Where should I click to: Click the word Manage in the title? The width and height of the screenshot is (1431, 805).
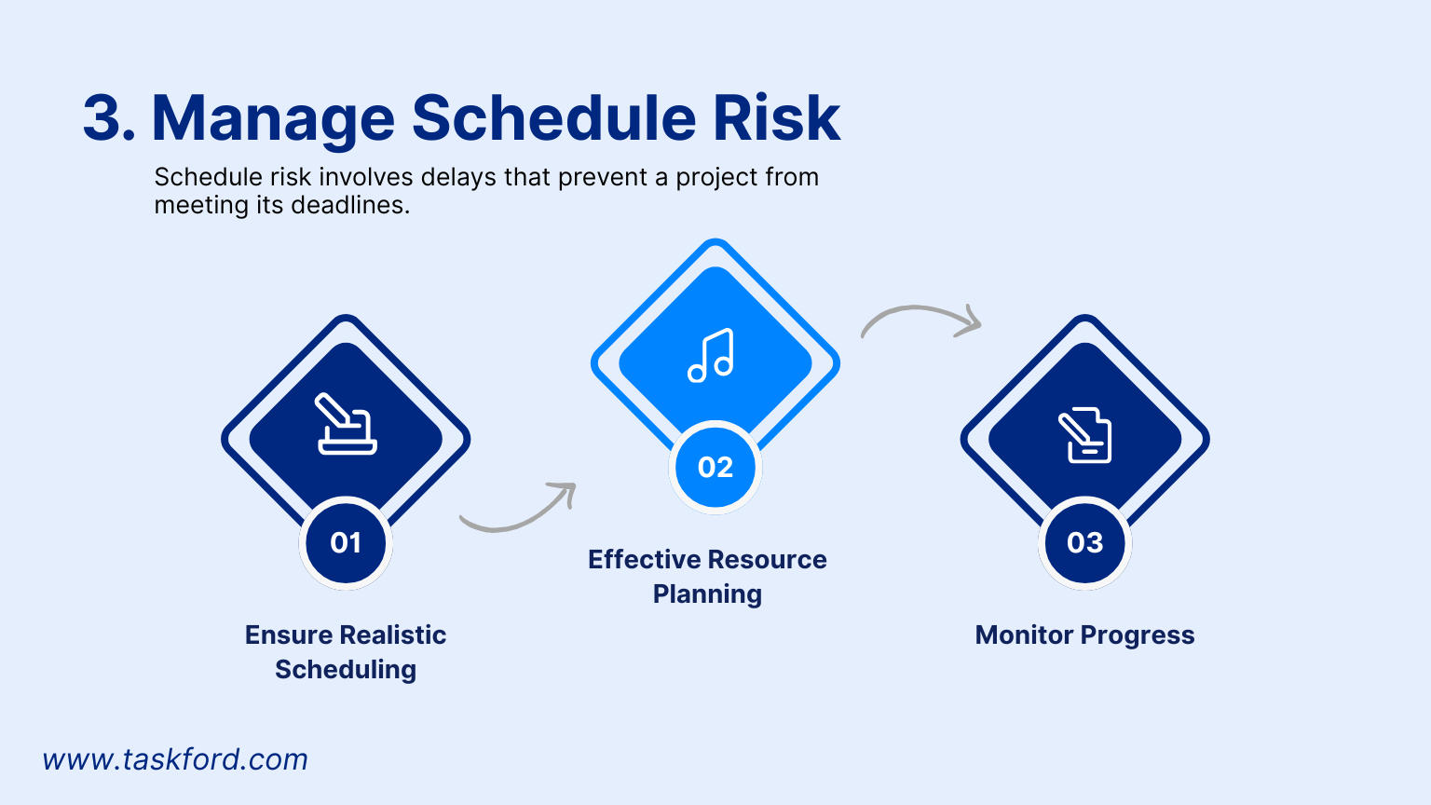point(273,119)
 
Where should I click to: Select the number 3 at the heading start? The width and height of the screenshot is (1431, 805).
point(103,118)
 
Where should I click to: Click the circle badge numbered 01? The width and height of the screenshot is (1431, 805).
point(346,543)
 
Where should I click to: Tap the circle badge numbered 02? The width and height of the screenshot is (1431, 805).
point(715,468)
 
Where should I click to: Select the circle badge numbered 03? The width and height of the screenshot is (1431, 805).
point(1085,543)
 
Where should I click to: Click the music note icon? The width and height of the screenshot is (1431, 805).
point(711,356)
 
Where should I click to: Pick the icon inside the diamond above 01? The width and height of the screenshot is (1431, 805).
point(347,425)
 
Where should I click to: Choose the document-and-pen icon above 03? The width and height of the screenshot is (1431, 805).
point(1084,435)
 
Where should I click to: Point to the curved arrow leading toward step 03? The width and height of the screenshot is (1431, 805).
point(920,320)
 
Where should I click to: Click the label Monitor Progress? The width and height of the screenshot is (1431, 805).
point(1084,635)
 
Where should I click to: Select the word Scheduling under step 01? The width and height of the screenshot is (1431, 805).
point(346,670)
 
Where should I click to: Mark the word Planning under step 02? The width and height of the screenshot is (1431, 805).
point(707,594)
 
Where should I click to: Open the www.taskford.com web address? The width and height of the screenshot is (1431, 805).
point(175,759)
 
